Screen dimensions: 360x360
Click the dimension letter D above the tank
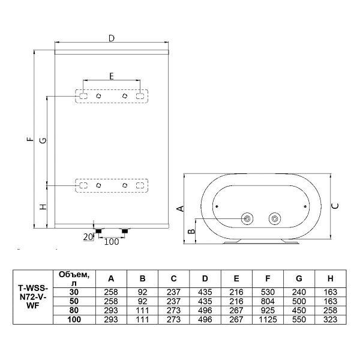click(111, 38)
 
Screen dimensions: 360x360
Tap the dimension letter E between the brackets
click(111, 76)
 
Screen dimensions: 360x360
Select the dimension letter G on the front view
click(42, 140)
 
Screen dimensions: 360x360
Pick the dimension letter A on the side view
click(179, 209)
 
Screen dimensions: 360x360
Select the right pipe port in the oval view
click(274, 218)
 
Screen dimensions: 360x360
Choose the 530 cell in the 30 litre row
click(268, 291)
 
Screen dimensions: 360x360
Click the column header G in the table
click(299, 278)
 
